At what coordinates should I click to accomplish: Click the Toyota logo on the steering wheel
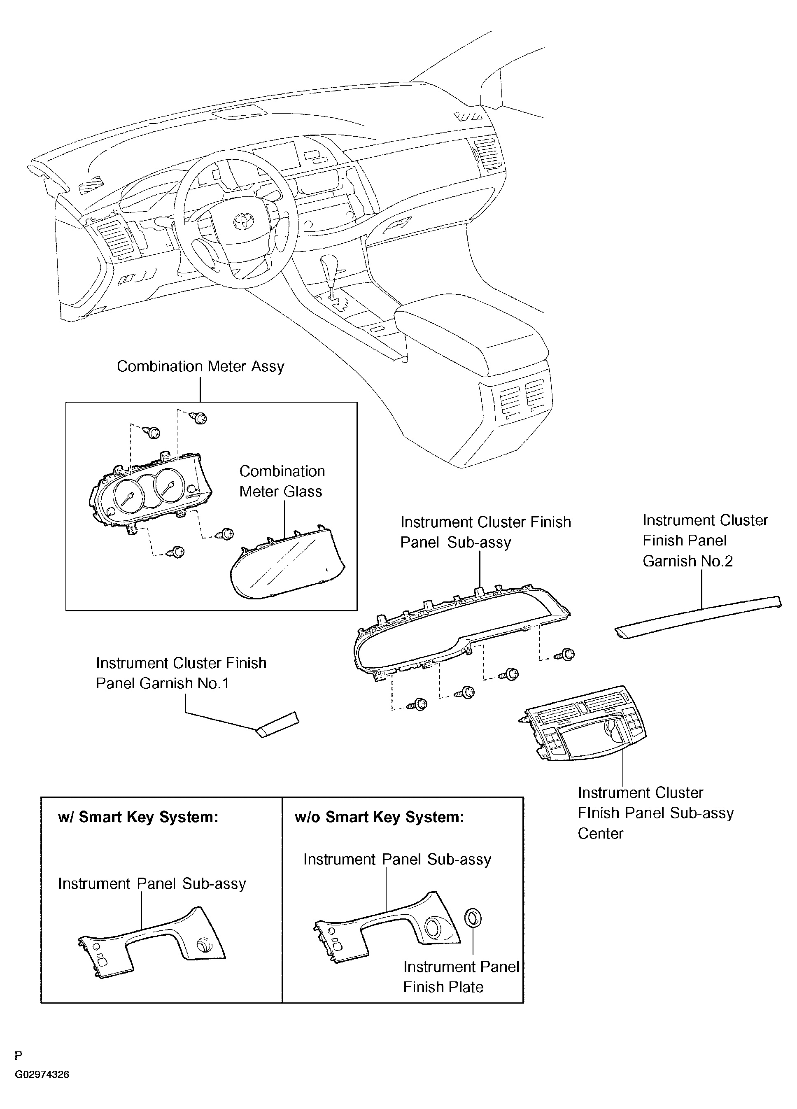[242, 221]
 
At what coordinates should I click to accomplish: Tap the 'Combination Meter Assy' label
[200, 366]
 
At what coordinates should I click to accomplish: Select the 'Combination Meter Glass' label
[282, 481]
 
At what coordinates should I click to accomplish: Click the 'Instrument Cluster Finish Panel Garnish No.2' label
[705, 541]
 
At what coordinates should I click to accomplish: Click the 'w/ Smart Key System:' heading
[138, 818]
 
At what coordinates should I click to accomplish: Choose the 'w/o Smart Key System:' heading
[379, 818]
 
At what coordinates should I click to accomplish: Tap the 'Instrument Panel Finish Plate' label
[461, 977]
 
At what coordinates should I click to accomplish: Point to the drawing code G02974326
[42, 1088]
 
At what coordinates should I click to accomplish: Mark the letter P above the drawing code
[18, 1069]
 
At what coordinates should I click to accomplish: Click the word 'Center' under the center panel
[601, 834]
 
